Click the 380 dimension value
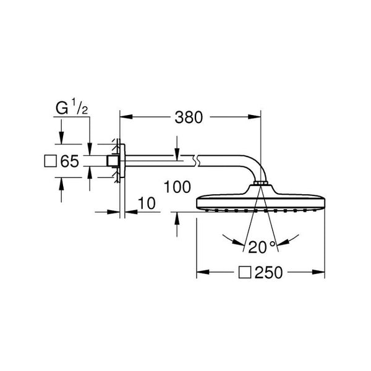coord(189,117)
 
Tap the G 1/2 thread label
coord(72,107)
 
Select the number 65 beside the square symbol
coord(69,161)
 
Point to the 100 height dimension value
coord(177,187)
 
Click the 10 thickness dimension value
coord(147,203)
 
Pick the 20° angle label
coord(262,247)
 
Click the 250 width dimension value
coord(269,272)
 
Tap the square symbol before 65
coord(51,161)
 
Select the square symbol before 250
coord(245,272)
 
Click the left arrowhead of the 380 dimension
coord(126,117)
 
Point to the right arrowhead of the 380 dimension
coord(254,117)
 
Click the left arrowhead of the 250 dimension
coord(203,272)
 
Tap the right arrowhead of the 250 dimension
coord(318,272)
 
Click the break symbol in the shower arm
coord(196,161)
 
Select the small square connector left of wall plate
coord(111,161)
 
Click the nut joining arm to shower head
coord(260,184)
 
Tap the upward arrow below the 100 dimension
coord(177,224)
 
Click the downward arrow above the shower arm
coord(177,146)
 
